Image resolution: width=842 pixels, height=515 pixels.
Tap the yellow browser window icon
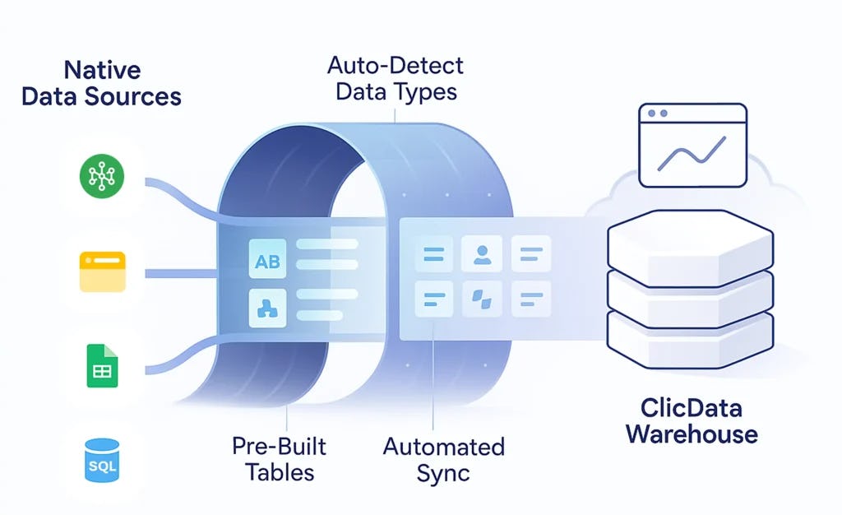coord(102,271)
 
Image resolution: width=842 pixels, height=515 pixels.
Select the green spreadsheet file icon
coord(103,366)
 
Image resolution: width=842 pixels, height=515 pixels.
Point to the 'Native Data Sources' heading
coord(101,82)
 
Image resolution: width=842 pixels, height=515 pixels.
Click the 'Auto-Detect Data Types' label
coord(396,78)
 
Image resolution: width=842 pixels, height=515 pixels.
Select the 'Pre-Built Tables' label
coord(279,459)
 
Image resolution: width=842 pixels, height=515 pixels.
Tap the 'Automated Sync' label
coord(444,460)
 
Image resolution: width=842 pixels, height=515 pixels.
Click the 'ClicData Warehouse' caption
coord(692,420)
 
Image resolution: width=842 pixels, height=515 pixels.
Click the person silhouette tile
coord(482,253)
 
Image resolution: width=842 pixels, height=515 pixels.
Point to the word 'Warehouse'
coord(692,434)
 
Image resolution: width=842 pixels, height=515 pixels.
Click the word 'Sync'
coord(443,473)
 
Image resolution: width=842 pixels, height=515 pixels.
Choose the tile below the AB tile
coord(267,309)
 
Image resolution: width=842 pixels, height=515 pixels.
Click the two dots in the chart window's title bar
coord(657,113)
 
